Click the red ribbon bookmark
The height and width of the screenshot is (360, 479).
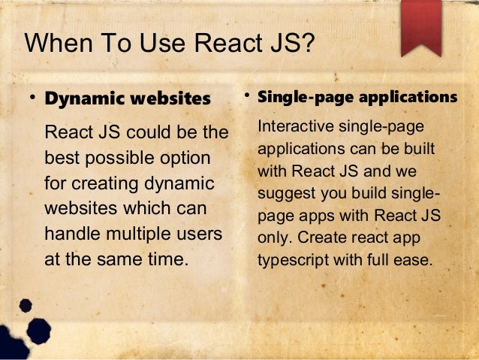tap(420, 26)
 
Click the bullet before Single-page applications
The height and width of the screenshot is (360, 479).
tap(246, 97)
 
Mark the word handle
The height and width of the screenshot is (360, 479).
tap(72, 234)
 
